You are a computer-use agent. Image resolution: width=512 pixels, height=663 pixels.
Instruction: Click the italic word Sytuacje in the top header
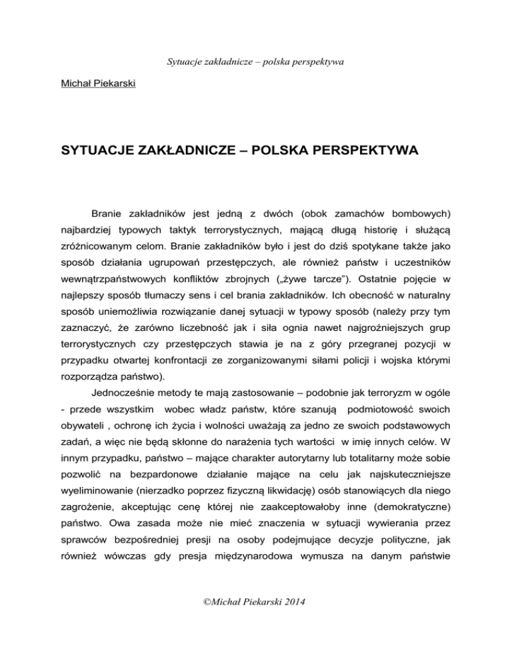pos(184,63)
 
